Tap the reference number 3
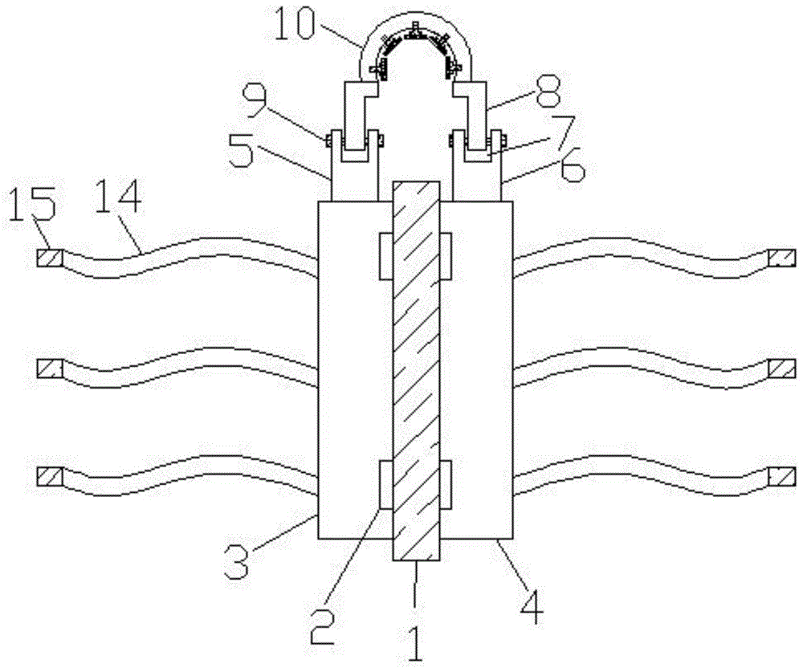pos(238,560)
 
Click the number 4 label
pos(532,607)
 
